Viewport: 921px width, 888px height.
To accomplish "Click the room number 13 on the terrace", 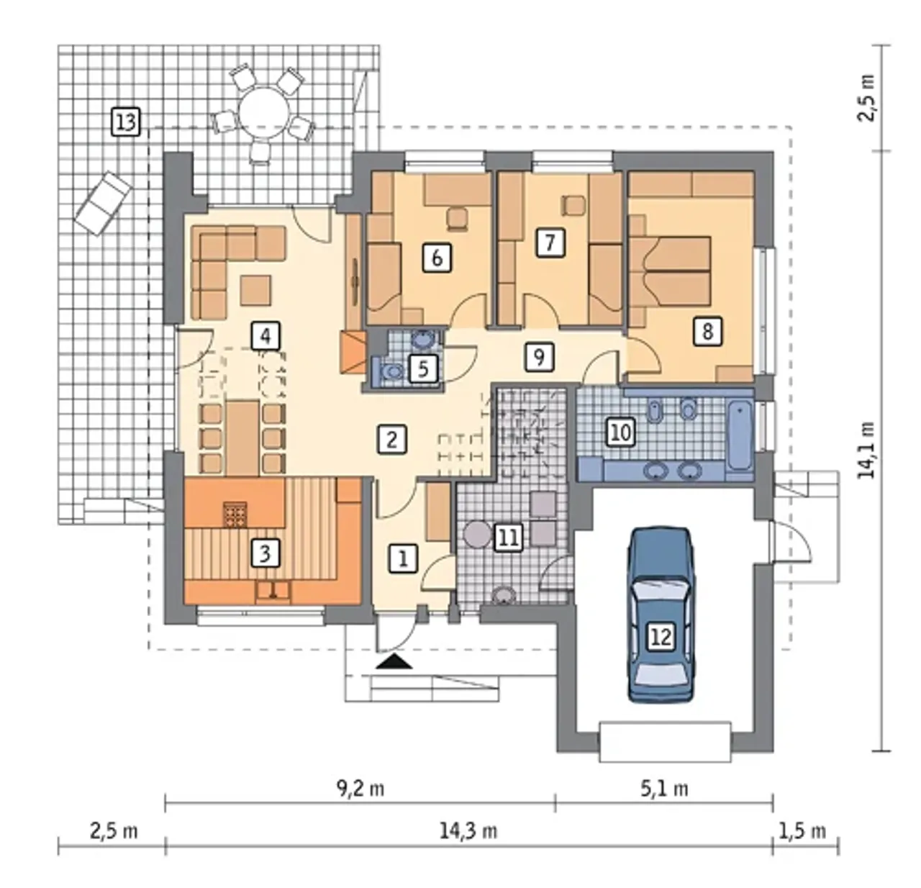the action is [126, 122].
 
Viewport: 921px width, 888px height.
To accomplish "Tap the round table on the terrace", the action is [263, 113].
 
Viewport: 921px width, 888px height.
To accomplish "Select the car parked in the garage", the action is [661, 615].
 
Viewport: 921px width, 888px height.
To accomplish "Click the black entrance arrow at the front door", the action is [394, 662].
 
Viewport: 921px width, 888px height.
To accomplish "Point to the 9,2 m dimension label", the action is [360, 789].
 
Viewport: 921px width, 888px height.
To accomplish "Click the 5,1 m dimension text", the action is [664, 789].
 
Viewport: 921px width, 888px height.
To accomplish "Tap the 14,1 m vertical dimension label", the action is [868, 450].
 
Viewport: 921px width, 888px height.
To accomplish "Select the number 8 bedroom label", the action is [707, 331].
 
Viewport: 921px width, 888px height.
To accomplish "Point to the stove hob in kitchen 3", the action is [235, 514].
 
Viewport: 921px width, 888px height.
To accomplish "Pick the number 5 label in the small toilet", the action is [424, 368].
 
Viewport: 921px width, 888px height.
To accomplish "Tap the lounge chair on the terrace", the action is [102, 203].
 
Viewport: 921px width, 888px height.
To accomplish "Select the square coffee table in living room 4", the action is [255, 290].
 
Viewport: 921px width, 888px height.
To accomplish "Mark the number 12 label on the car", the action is [661, 637].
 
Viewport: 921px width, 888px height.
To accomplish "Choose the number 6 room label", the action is [437, 258].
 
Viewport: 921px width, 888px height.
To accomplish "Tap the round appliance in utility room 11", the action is [478, 535].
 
